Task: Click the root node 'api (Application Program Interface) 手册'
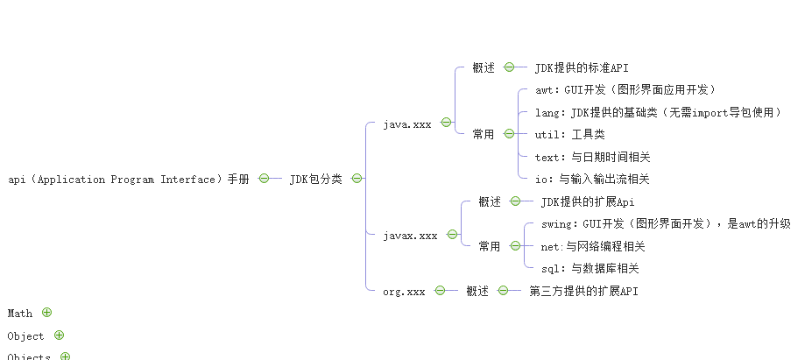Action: [128, 180]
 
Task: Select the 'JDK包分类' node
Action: [315, 180]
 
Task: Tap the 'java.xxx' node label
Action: [407, 124]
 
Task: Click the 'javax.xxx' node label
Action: [410, 236]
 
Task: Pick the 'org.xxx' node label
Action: [404, 292]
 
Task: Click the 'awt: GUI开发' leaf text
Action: [625, 89]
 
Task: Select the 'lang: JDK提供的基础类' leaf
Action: [658, 112]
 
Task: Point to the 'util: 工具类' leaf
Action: [569, 135]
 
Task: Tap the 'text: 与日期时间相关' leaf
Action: [592, 158]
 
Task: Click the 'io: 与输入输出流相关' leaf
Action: [592, 180]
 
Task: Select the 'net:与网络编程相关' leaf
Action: [593, 247]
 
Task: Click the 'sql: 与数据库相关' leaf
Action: [590, 269]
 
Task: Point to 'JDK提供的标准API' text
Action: [582, 68]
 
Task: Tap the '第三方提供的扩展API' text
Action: [583, 292]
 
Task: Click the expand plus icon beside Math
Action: [47, 313]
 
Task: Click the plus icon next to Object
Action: [59, 335]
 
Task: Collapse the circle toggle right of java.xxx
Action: [446, 124]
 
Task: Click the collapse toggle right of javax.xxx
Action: [452, 235]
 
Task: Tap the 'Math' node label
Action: [20, 314]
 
